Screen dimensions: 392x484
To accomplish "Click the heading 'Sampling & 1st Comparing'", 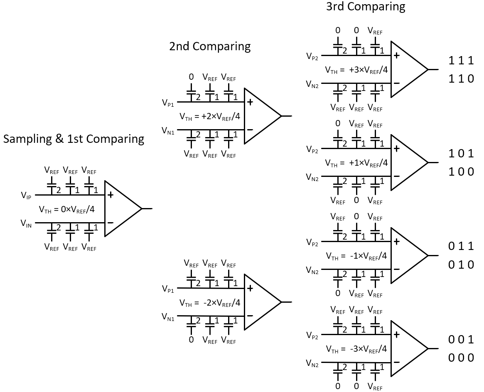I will point(74,139).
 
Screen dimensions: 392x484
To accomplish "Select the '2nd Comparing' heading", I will point(210,46).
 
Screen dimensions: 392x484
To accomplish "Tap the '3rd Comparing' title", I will point(366,6).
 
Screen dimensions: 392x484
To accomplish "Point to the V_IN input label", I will point(26,223).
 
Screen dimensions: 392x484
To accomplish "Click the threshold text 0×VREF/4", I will point(66,209).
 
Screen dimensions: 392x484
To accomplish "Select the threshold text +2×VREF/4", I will point(209,116).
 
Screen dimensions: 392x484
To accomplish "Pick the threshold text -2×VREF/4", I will point(209,302).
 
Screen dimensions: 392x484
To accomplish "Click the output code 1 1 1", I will point(461,61).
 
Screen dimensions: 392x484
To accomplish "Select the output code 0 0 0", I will point(461,358).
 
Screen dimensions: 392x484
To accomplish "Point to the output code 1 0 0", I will point(461,171).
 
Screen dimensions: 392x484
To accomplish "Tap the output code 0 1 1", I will point(461,246).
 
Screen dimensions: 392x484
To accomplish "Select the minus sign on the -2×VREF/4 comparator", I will point(250,316).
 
